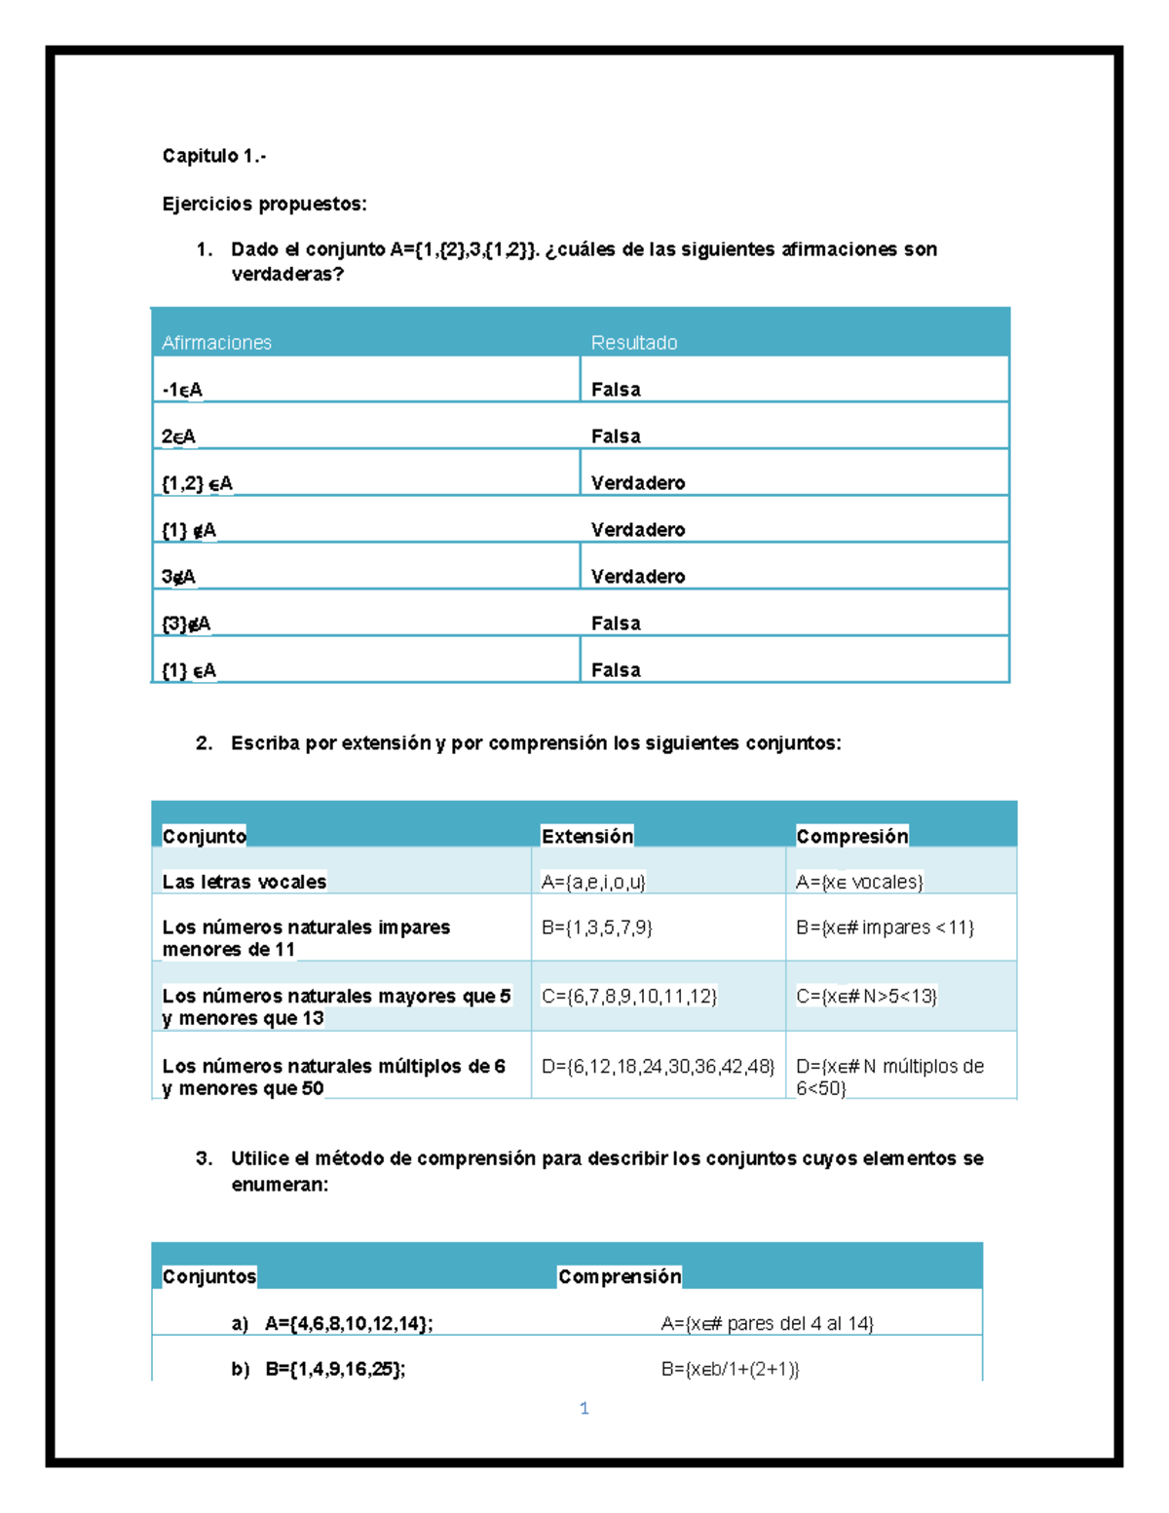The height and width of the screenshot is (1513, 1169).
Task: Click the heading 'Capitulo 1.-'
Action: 213,156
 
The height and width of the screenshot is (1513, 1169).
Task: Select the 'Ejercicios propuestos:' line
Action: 264,204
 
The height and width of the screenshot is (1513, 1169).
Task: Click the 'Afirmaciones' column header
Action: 216,342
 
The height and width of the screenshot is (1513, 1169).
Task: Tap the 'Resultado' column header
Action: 633,342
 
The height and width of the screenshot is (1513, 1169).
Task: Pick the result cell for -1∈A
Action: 616,389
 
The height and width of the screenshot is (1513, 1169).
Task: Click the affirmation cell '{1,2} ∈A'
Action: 197,482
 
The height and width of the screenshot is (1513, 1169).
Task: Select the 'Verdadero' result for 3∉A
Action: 637,576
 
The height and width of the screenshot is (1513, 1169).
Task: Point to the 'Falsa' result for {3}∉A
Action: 616,623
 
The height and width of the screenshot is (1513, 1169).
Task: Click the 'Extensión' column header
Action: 586,836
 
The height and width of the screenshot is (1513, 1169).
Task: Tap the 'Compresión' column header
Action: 851,836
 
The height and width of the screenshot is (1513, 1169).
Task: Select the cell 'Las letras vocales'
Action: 244,882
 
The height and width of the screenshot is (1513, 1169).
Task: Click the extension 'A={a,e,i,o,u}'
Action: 593,882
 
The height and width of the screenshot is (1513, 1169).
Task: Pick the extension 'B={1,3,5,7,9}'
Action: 596,927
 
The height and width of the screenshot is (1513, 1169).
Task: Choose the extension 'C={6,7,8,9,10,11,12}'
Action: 628,996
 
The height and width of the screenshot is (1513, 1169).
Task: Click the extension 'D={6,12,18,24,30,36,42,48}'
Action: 658,1066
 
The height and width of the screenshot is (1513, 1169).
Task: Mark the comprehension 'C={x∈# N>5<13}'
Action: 866,996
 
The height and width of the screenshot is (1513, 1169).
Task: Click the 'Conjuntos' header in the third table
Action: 208,1276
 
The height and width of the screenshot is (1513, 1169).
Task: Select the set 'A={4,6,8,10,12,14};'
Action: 348,1323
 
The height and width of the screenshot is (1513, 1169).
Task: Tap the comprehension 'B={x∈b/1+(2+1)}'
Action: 730,1369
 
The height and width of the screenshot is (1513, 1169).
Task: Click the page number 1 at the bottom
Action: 584,1408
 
